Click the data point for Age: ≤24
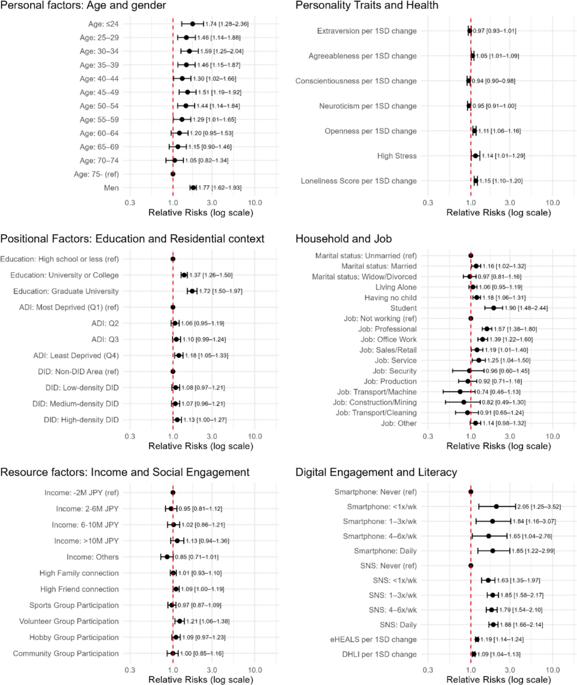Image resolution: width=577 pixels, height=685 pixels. (193, 24)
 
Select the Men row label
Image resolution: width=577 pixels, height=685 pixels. (111, 188)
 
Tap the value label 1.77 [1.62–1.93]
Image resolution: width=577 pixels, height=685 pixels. (220, 188)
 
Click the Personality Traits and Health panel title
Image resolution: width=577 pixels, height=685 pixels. (367, 6)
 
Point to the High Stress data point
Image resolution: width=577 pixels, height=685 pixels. (476, 156)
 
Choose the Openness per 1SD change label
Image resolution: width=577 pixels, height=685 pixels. (371, 131)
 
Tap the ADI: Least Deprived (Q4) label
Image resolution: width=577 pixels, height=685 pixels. (76, 355)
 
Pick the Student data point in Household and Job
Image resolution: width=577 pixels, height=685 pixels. (494, 308)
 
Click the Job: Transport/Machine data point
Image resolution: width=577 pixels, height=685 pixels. (460, 392)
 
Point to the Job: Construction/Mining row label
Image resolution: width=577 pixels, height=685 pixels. (375, 402)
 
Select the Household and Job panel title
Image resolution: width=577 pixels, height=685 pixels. (344, 239)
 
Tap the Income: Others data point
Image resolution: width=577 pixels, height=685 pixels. (167, 557)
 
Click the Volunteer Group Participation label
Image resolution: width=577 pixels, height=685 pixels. (69, 621)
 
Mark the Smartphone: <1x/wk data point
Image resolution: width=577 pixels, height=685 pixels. (496, 507)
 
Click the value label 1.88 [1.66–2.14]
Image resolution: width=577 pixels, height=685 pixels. (521, 625)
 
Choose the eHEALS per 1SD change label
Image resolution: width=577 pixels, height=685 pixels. (373, 640)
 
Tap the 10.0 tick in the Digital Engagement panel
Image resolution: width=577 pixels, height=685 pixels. (552, 670)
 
